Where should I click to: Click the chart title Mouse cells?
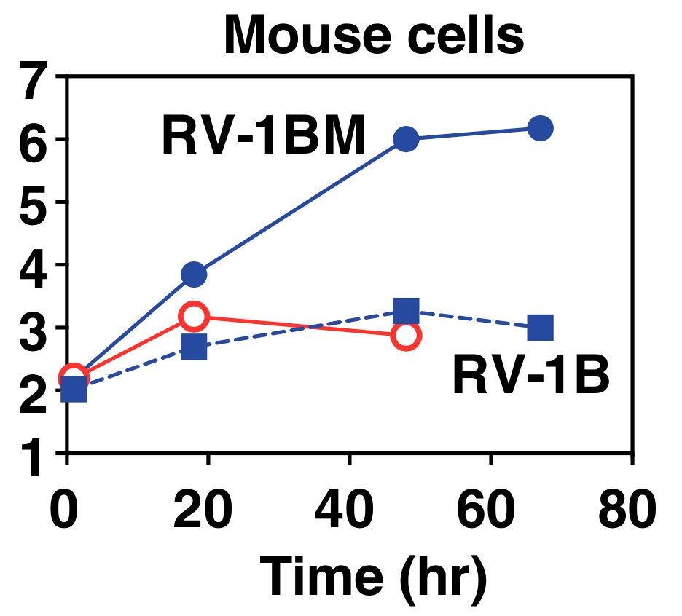(374, 35)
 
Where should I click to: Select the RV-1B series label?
(530, 376)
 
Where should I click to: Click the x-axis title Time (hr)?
(374, 577)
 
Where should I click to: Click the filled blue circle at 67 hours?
(540, 128)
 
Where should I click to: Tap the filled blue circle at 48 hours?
(406, 139)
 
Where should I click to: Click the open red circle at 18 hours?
(194, 317)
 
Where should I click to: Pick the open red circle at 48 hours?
(406, 336)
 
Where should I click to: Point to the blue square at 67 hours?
(540, 328)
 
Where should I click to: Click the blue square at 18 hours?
(194, 347)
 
